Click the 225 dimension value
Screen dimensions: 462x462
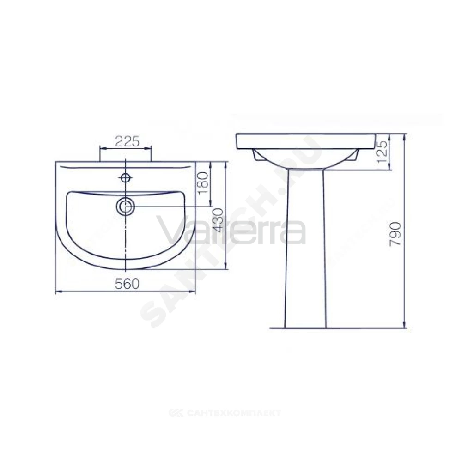click(x=128, y=142)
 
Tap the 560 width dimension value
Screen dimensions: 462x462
click(x=128, y=284)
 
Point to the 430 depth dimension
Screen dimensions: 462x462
click(x=219, y=220)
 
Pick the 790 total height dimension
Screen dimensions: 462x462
click(x=395, y=234)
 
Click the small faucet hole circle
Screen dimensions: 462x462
click(x=126, y=177)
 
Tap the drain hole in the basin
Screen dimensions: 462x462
click(x=126, y=206)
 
